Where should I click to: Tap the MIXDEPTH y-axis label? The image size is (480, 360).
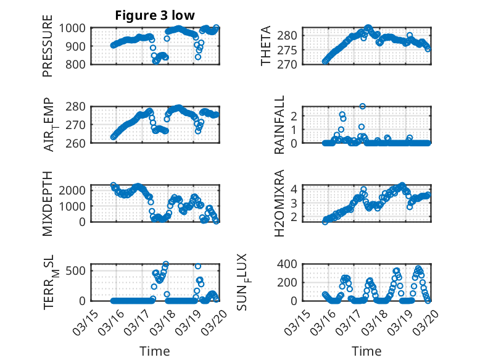(x=48, y=203)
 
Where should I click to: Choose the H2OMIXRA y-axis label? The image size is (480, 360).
(x=279, y=203)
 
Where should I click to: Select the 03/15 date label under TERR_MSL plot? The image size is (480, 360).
(x=86, y=319)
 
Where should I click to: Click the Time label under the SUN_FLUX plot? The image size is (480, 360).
(x=366, y=351)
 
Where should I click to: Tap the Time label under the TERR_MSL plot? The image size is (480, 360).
(x=155, y=351)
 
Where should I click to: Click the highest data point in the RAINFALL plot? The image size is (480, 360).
(x=363, y=106)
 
